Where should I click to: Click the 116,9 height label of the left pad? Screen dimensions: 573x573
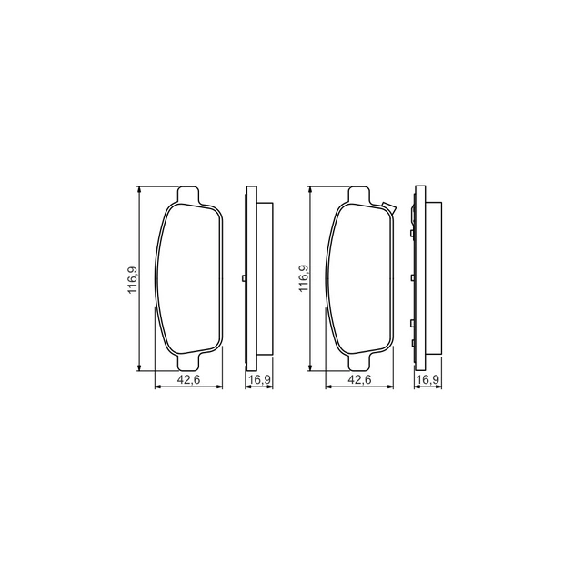tap(132, 279)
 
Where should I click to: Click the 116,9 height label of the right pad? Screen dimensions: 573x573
tap(304, 278)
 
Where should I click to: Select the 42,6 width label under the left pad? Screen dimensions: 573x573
tap(188, 379)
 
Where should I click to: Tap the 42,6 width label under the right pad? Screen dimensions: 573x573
tap(359, 379)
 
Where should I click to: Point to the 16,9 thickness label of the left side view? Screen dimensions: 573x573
tap(259, 379)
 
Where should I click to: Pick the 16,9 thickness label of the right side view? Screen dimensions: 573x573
tap(427, 379)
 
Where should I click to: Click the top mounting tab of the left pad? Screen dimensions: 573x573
tap(188, 195)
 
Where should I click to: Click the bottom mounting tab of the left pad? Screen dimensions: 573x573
tap(188, 362)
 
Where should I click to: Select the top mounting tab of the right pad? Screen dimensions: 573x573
tap(359, 195)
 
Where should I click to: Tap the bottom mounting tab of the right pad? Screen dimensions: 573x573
tap(359, 362)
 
